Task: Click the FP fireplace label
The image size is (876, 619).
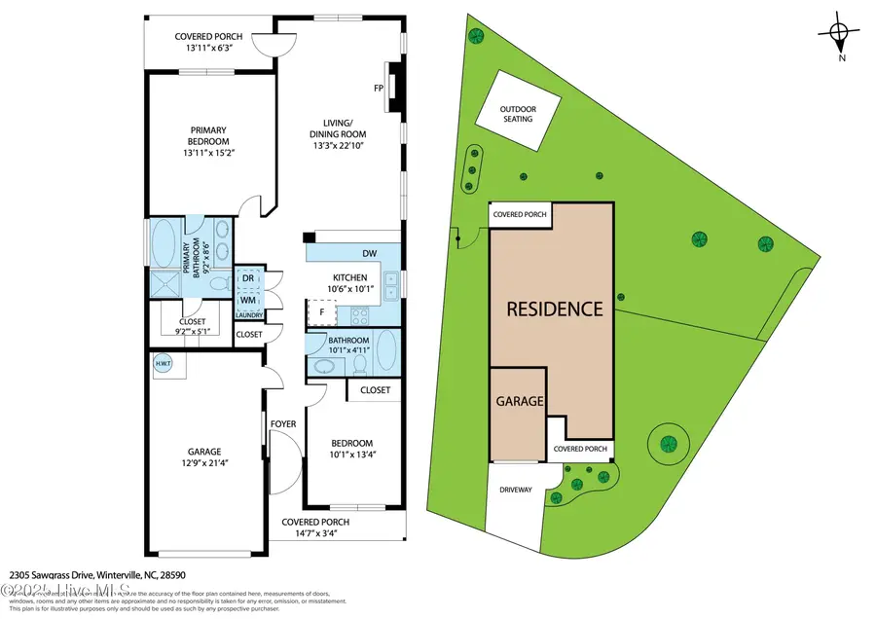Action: [379, 88]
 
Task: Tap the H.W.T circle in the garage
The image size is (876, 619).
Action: [162, 364]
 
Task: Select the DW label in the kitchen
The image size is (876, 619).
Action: [369, 254]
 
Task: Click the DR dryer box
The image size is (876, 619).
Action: [248, 278]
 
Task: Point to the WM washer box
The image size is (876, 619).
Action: [248, 299]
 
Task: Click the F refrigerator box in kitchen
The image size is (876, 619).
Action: [321, 312]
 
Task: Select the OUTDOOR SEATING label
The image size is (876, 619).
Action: [517, 113]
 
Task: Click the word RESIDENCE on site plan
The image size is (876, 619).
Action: [553, 309]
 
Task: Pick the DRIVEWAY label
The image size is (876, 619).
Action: [516, 490]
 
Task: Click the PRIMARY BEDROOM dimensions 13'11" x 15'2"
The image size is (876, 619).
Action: [209, 153]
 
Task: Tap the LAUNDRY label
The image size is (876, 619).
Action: [248, 315]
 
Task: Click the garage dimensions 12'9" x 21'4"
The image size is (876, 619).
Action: [204, 464]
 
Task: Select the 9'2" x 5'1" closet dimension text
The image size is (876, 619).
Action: [192, 331]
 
